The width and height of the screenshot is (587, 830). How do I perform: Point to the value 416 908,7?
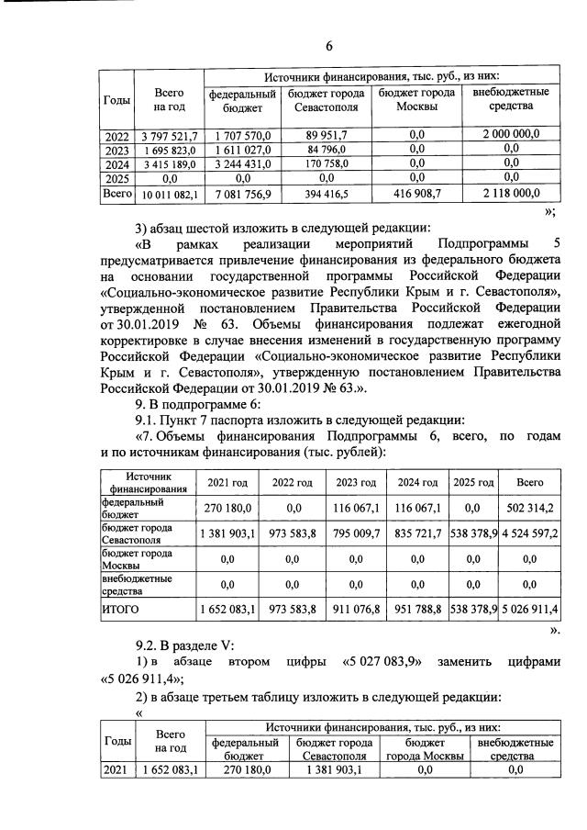point(417,194)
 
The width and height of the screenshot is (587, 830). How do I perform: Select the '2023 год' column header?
point(352,483)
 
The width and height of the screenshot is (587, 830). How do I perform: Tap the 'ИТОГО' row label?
point(122,609)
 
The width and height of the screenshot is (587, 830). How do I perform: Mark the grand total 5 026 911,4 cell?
point(530,609)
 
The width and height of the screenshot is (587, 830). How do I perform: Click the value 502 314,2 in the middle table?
point(530,508)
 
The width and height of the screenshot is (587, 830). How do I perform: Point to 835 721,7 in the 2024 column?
point(415,534)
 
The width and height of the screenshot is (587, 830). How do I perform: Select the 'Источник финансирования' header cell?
point(148,483)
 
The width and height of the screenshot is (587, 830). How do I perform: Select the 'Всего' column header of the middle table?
point(530,483)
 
